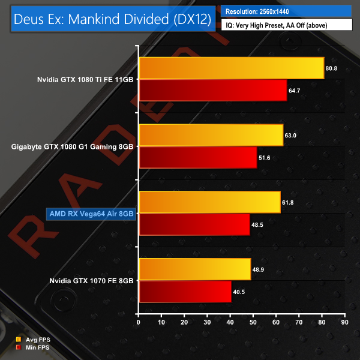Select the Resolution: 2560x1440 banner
(x=286, y=11)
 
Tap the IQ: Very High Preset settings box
(x=286, y=25)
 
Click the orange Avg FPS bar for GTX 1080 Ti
(x=231, y=68)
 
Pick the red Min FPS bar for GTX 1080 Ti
(x=212, y=90)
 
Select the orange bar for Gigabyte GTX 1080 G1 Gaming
(x=211, y=135)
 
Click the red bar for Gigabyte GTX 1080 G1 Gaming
(x=197, y=157)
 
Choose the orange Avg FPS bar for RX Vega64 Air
(x=209, y=202)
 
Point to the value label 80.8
(x=332, y=68)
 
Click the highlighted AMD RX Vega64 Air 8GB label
(x=91, y=213)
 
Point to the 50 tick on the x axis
(x=253, y=323)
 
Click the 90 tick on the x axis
(x=344, y=323)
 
